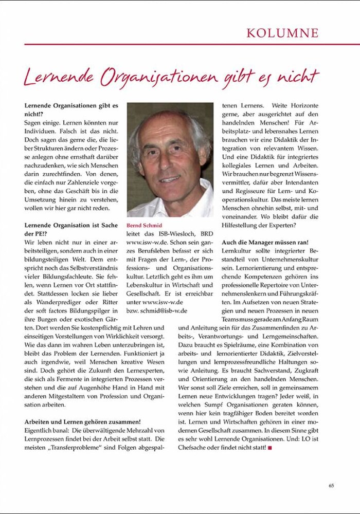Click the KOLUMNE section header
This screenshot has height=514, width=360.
282,33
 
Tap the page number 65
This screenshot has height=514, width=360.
331,485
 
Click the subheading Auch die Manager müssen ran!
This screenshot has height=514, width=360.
265,242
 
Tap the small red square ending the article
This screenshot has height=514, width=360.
269,448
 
